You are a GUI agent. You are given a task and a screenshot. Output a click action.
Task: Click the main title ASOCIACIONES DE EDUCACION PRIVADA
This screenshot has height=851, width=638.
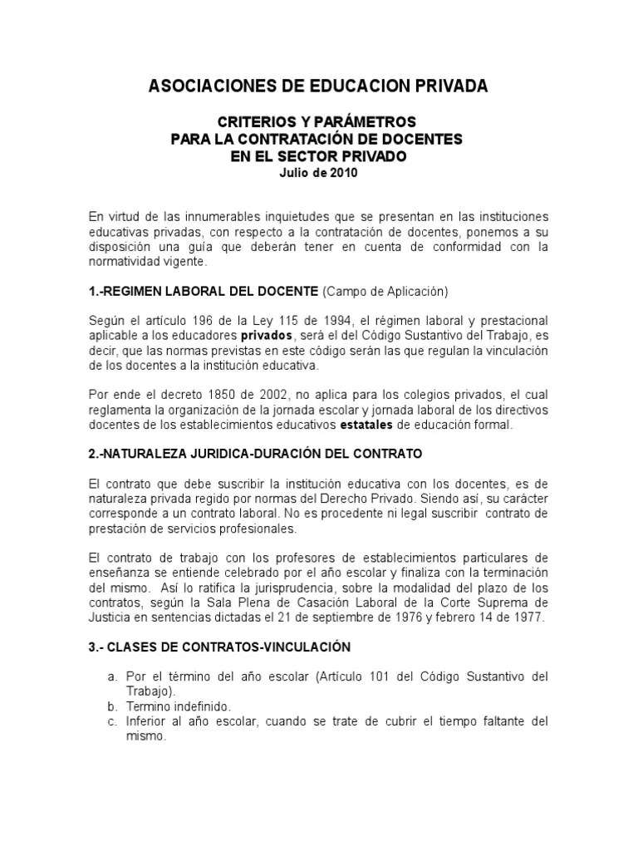pyautogui.click(x=318, y=86)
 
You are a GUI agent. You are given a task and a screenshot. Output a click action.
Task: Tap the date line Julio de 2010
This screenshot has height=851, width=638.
pyautogui.click(x=318, y=173)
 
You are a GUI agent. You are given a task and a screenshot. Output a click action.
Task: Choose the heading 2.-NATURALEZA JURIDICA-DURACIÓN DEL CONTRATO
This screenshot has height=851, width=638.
pyautogui.click(x=256, y=454)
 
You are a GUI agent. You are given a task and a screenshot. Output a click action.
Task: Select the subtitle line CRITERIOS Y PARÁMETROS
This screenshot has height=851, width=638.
pyautogui.click(x=318, y=121)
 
